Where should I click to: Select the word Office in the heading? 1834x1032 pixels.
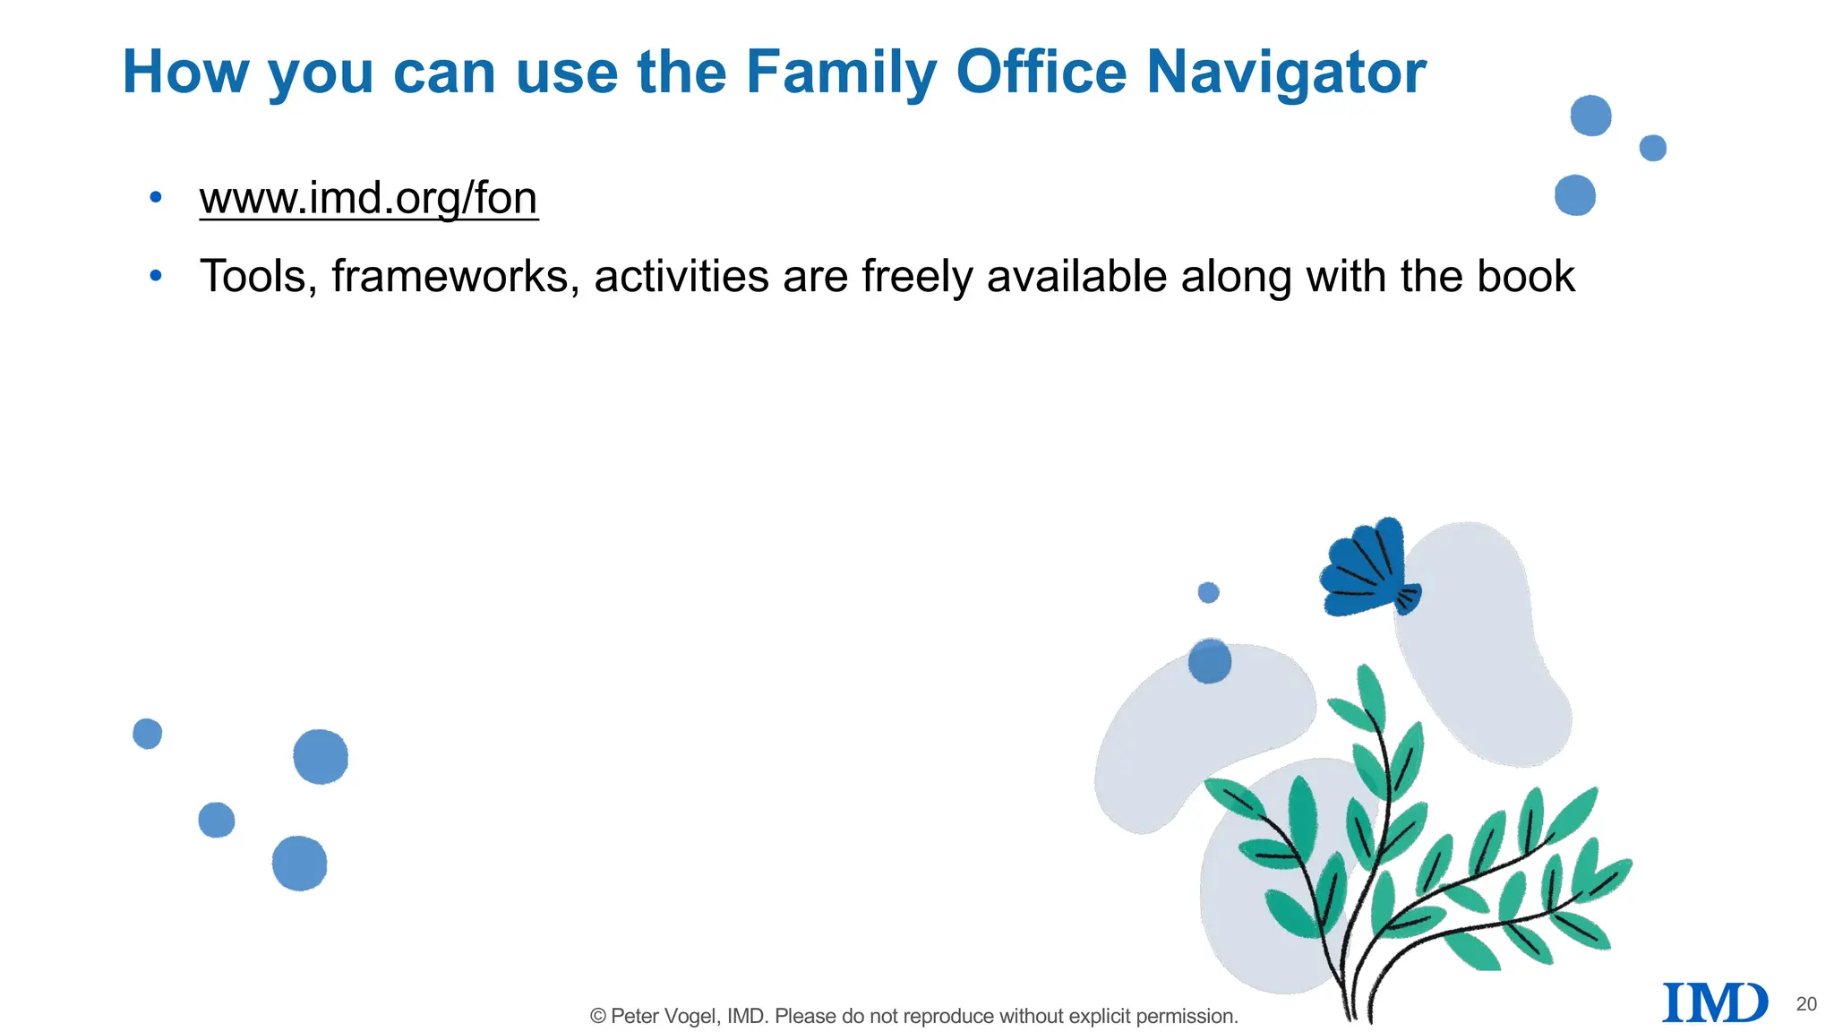1041,72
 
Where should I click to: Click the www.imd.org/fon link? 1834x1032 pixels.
368,198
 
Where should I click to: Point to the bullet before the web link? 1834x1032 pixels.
156,197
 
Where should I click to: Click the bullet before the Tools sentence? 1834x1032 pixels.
156,276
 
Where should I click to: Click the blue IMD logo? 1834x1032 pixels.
1714,1002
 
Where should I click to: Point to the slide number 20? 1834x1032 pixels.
1806,1004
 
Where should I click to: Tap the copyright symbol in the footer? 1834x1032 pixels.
598,1016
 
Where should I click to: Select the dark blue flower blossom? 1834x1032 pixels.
1366,569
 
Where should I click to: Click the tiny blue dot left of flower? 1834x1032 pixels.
1208,592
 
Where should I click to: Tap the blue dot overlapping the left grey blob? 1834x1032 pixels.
1210,661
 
